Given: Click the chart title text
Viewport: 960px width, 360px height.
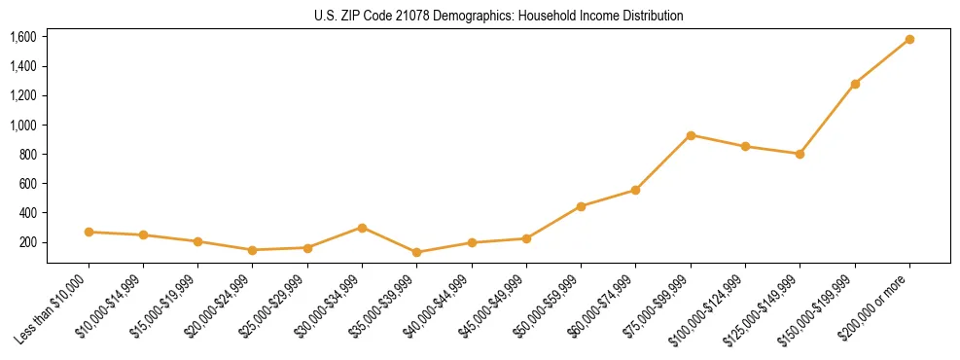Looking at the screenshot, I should pos(498,16).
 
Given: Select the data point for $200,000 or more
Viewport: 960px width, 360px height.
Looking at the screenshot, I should pos(909,39).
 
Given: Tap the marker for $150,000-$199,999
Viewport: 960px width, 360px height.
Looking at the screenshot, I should pos(855,84).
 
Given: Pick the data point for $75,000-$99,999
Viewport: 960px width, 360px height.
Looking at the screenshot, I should pos(691,135).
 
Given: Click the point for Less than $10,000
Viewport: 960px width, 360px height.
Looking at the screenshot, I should pos(89,232).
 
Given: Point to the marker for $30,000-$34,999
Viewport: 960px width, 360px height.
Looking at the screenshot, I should pos(362,228).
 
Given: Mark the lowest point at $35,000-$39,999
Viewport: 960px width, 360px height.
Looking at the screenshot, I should pos(416,252).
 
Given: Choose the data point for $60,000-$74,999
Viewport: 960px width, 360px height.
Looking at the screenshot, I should pos(635,190).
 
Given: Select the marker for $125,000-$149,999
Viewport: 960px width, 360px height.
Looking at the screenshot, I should pos(800,154).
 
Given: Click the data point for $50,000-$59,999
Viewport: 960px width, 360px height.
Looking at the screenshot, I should pos(581,206).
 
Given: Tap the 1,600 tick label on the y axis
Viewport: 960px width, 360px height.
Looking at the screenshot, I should pos(22,37).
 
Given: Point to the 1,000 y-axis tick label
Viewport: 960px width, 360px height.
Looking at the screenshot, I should pos(22,125).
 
